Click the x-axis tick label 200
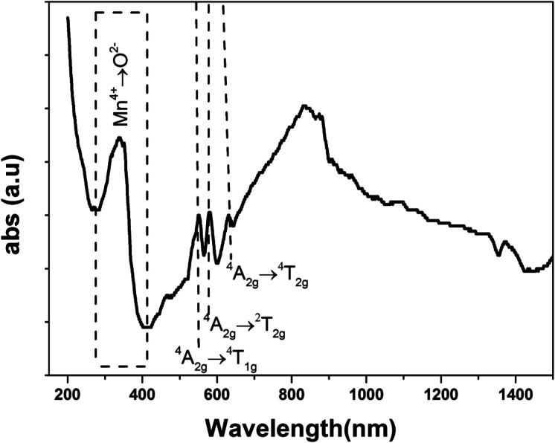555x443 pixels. (x=68, y=393)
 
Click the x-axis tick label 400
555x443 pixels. (x=142, y=393)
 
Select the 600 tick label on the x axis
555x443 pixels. (x=216, y=393)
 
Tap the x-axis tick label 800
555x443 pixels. (x=292, y=393)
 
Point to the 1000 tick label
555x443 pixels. (x=366, y=393)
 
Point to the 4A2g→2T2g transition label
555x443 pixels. (x=245, y=325)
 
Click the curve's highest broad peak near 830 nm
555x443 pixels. (x=304, y=106)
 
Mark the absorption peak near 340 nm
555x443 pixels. (x=119, y=138)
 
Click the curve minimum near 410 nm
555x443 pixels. (x=147, y=327)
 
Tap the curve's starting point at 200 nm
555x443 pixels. (x=68, y=18)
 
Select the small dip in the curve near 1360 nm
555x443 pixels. (x=499, y=255)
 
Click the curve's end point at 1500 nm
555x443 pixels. (x=552, y=256)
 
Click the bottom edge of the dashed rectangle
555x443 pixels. (x=121, y=366)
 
